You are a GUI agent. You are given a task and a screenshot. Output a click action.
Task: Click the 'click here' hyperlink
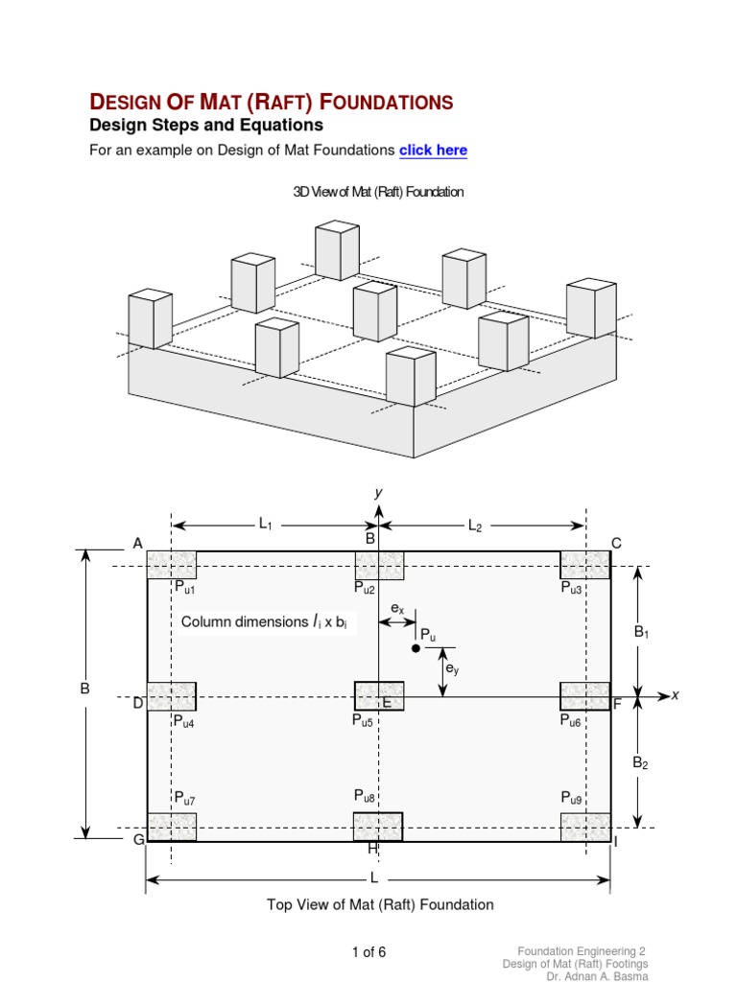pyautogui.click(x=433, y=151)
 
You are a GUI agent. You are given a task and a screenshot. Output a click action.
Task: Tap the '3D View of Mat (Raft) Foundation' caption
pyautogui.click(x=378, y=192)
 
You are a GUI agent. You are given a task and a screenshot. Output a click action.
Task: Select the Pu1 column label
pyautogui.click(x=184, y=588)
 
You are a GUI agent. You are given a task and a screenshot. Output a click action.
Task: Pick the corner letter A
pyautogui.click(x=138, y=544)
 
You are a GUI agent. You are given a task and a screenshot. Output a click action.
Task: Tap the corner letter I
pyautogui.click(x=616, y=841)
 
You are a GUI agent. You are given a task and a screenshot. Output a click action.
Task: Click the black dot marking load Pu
pyautogui.click(x=416, y=648)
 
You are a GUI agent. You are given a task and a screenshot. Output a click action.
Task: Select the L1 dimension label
pyautogui.click(x=266, y=524)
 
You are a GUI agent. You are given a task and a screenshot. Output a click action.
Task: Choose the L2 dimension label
pyautogui.click(x=475, y=526)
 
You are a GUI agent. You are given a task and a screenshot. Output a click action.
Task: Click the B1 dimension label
pyautogui.click(x=640, y=633)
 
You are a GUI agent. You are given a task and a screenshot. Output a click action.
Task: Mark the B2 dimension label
pyautogui.click(x=640, y=763)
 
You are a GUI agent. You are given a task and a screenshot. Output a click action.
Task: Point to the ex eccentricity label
pyautogui.click(x=396, y=609)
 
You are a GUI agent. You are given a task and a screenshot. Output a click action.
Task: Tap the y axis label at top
pyautogui.click(x=378, y=492)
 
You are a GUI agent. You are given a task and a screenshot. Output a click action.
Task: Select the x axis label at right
pyautogui.click(x=675, y=695)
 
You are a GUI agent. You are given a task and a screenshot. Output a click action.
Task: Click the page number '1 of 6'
pyautogui.click(x=368, y=952)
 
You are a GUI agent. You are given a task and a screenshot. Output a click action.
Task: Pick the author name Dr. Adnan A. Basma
pyautogui.click(x=597, y=975)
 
